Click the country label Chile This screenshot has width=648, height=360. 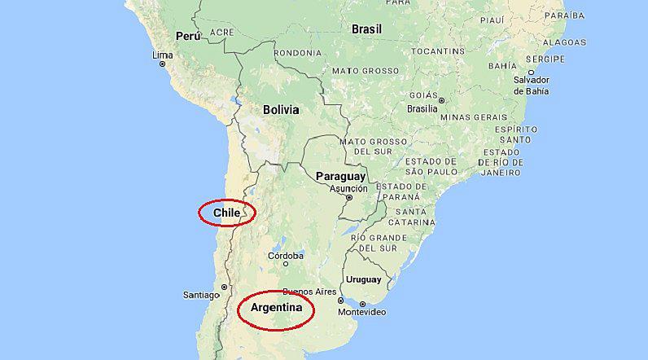tap(227, 213)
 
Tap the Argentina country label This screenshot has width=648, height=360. tap(275, 309)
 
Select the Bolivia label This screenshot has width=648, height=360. tap(281, 109)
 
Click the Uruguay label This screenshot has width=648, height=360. tap(363, 279)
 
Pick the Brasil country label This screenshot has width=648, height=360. tap(366, 29)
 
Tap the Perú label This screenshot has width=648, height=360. tap(187, 36)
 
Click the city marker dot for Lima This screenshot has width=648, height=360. tap(163, 64)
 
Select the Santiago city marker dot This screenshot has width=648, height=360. tap(224, 287)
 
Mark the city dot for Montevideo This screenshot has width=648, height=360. tap(362, 304)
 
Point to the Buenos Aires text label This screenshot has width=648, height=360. tap(309, 292)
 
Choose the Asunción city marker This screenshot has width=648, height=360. tap(349, 197)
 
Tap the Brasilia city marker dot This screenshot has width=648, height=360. tap(441, 101)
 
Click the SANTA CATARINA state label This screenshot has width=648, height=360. tap(411, 216)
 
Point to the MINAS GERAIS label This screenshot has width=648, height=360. tap(473, 117)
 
